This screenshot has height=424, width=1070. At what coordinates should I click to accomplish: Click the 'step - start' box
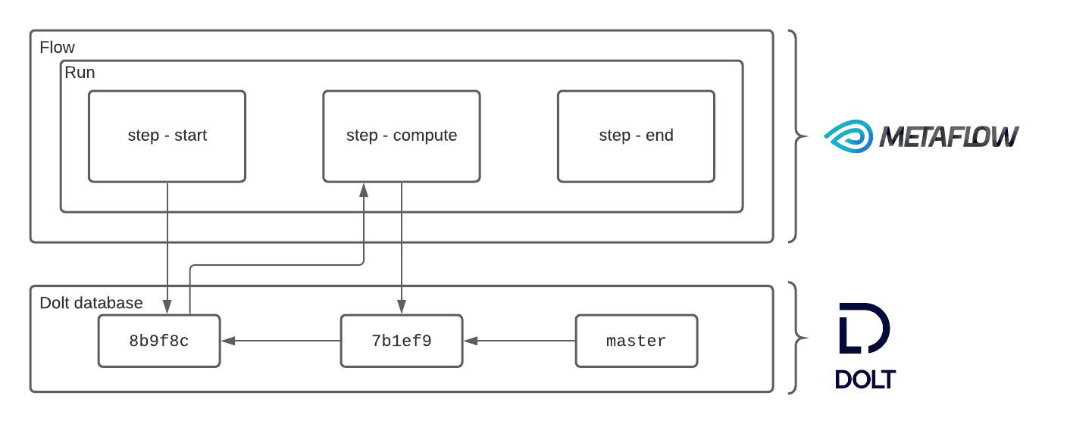tap(167, 136)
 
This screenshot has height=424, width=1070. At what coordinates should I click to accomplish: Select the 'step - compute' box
tap(402, 136)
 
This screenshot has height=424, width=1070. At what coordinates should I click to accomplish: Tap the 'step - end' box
tap(636, 136)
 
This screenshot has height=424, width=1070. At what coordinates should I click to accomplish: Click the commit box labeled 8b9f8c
tap(159, 341)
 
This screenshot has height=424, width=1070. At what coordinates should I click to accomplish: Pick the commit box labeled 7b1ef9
tap(402, 341)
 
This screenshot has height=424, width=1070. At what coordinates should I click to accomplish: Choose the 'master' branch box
tap(637, 341)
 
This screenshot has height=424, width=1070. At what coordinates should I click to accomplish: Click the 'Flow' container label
tap(58, 47)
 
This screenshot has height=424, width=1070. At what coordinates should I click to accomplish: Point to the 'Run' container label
tap(80, 73)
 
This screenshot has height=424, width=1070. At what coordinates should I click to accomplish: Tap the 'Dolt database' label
tap(91, 303)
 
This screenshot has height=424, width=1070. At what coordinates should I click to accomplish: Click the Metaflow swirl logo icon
tap(849, 136)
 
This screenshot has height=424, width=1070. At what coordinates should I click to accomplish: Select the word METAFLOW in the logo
tap(950, 136)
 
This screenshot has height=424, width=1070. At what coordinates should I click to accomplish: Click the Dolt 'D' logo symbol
tap(865, 328)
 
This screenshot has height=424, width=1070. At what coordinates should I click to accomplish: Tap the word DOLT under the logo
tap(865, 379)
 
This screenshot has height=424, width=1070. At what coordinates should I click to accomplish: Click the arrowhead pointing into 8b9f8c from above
tap(167, 307)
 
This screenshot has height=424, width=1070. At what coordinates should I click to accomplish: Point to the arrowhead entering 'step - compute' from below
tap(364, 190)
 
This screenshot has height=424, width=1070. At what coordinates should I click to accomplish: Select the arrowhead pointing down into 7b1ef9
tap(402, 307)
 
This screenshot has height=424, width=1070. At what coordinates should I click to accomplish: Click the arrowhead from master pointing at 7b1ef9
tap(471, 341)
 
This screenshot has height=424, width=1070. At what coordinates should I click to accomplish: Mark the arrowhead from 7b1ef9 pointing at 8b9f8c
tap(228, 341)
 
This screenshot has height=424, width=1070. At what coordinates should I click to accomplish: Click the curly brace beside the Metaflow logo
tap(796, 136)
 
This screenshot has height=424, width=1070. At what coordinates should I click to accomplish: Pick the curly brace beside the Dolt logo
tap(796, 338)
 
